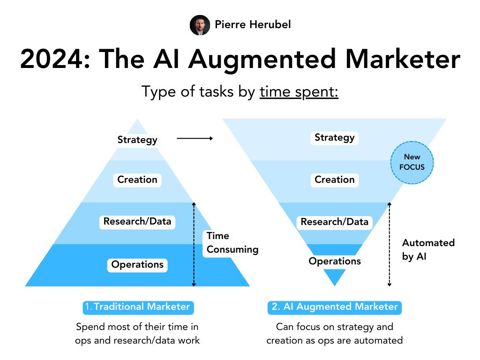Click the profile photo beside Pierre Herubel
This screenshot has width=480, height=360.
click(200, 25)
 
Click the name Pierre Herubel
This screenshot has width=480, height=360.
click(253, 24)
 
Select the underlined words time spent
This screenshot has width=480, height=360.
click(299, 92)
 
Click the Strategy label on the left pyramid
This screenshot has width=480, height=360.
click(137, 140)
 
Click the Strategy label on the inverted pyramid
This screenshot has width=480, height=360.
click(334, 138)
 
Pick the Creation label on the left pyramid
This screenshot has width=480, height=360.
click(137, 180)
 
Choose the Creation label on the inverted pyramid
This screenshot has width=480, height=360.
click(334, 180)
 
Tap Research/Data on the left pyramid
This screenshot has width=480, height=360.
click(137, 221)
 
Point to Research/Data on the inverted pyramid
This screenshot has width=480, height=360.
click(334, 222)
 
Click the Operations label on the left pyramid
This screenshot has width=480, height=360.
click(137, 264)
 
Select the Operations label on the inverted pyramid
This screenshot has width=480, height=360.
click(334, 261)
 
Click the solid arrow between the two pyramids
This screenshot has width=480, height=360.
click(195, 138)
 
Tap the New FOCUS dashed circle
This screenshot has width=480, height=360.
click(412, 162)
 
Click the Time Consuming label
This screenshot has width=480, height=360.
click(232, 243)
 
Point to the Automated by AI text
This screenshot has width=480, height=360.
click(428, 249)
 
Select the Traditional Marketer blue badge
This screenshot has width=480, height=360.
click(137, 307)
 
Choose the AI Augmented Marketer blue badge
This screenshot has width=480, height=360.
click(334, 307)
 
